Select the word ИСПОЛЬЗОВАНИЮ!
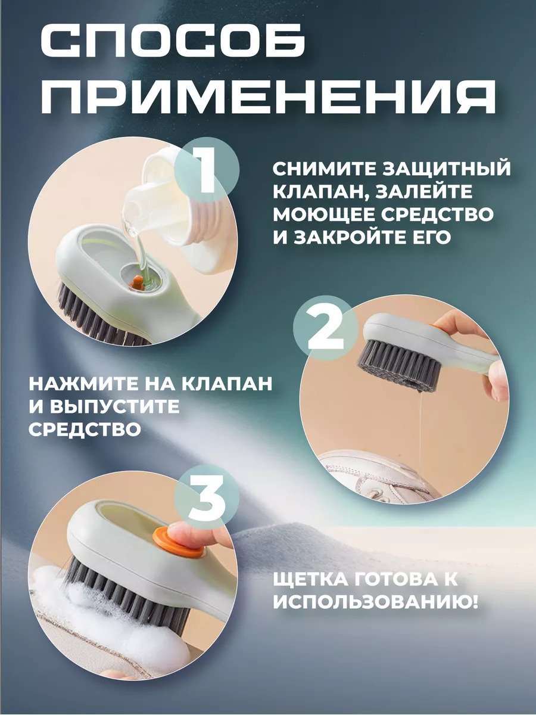376,603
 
